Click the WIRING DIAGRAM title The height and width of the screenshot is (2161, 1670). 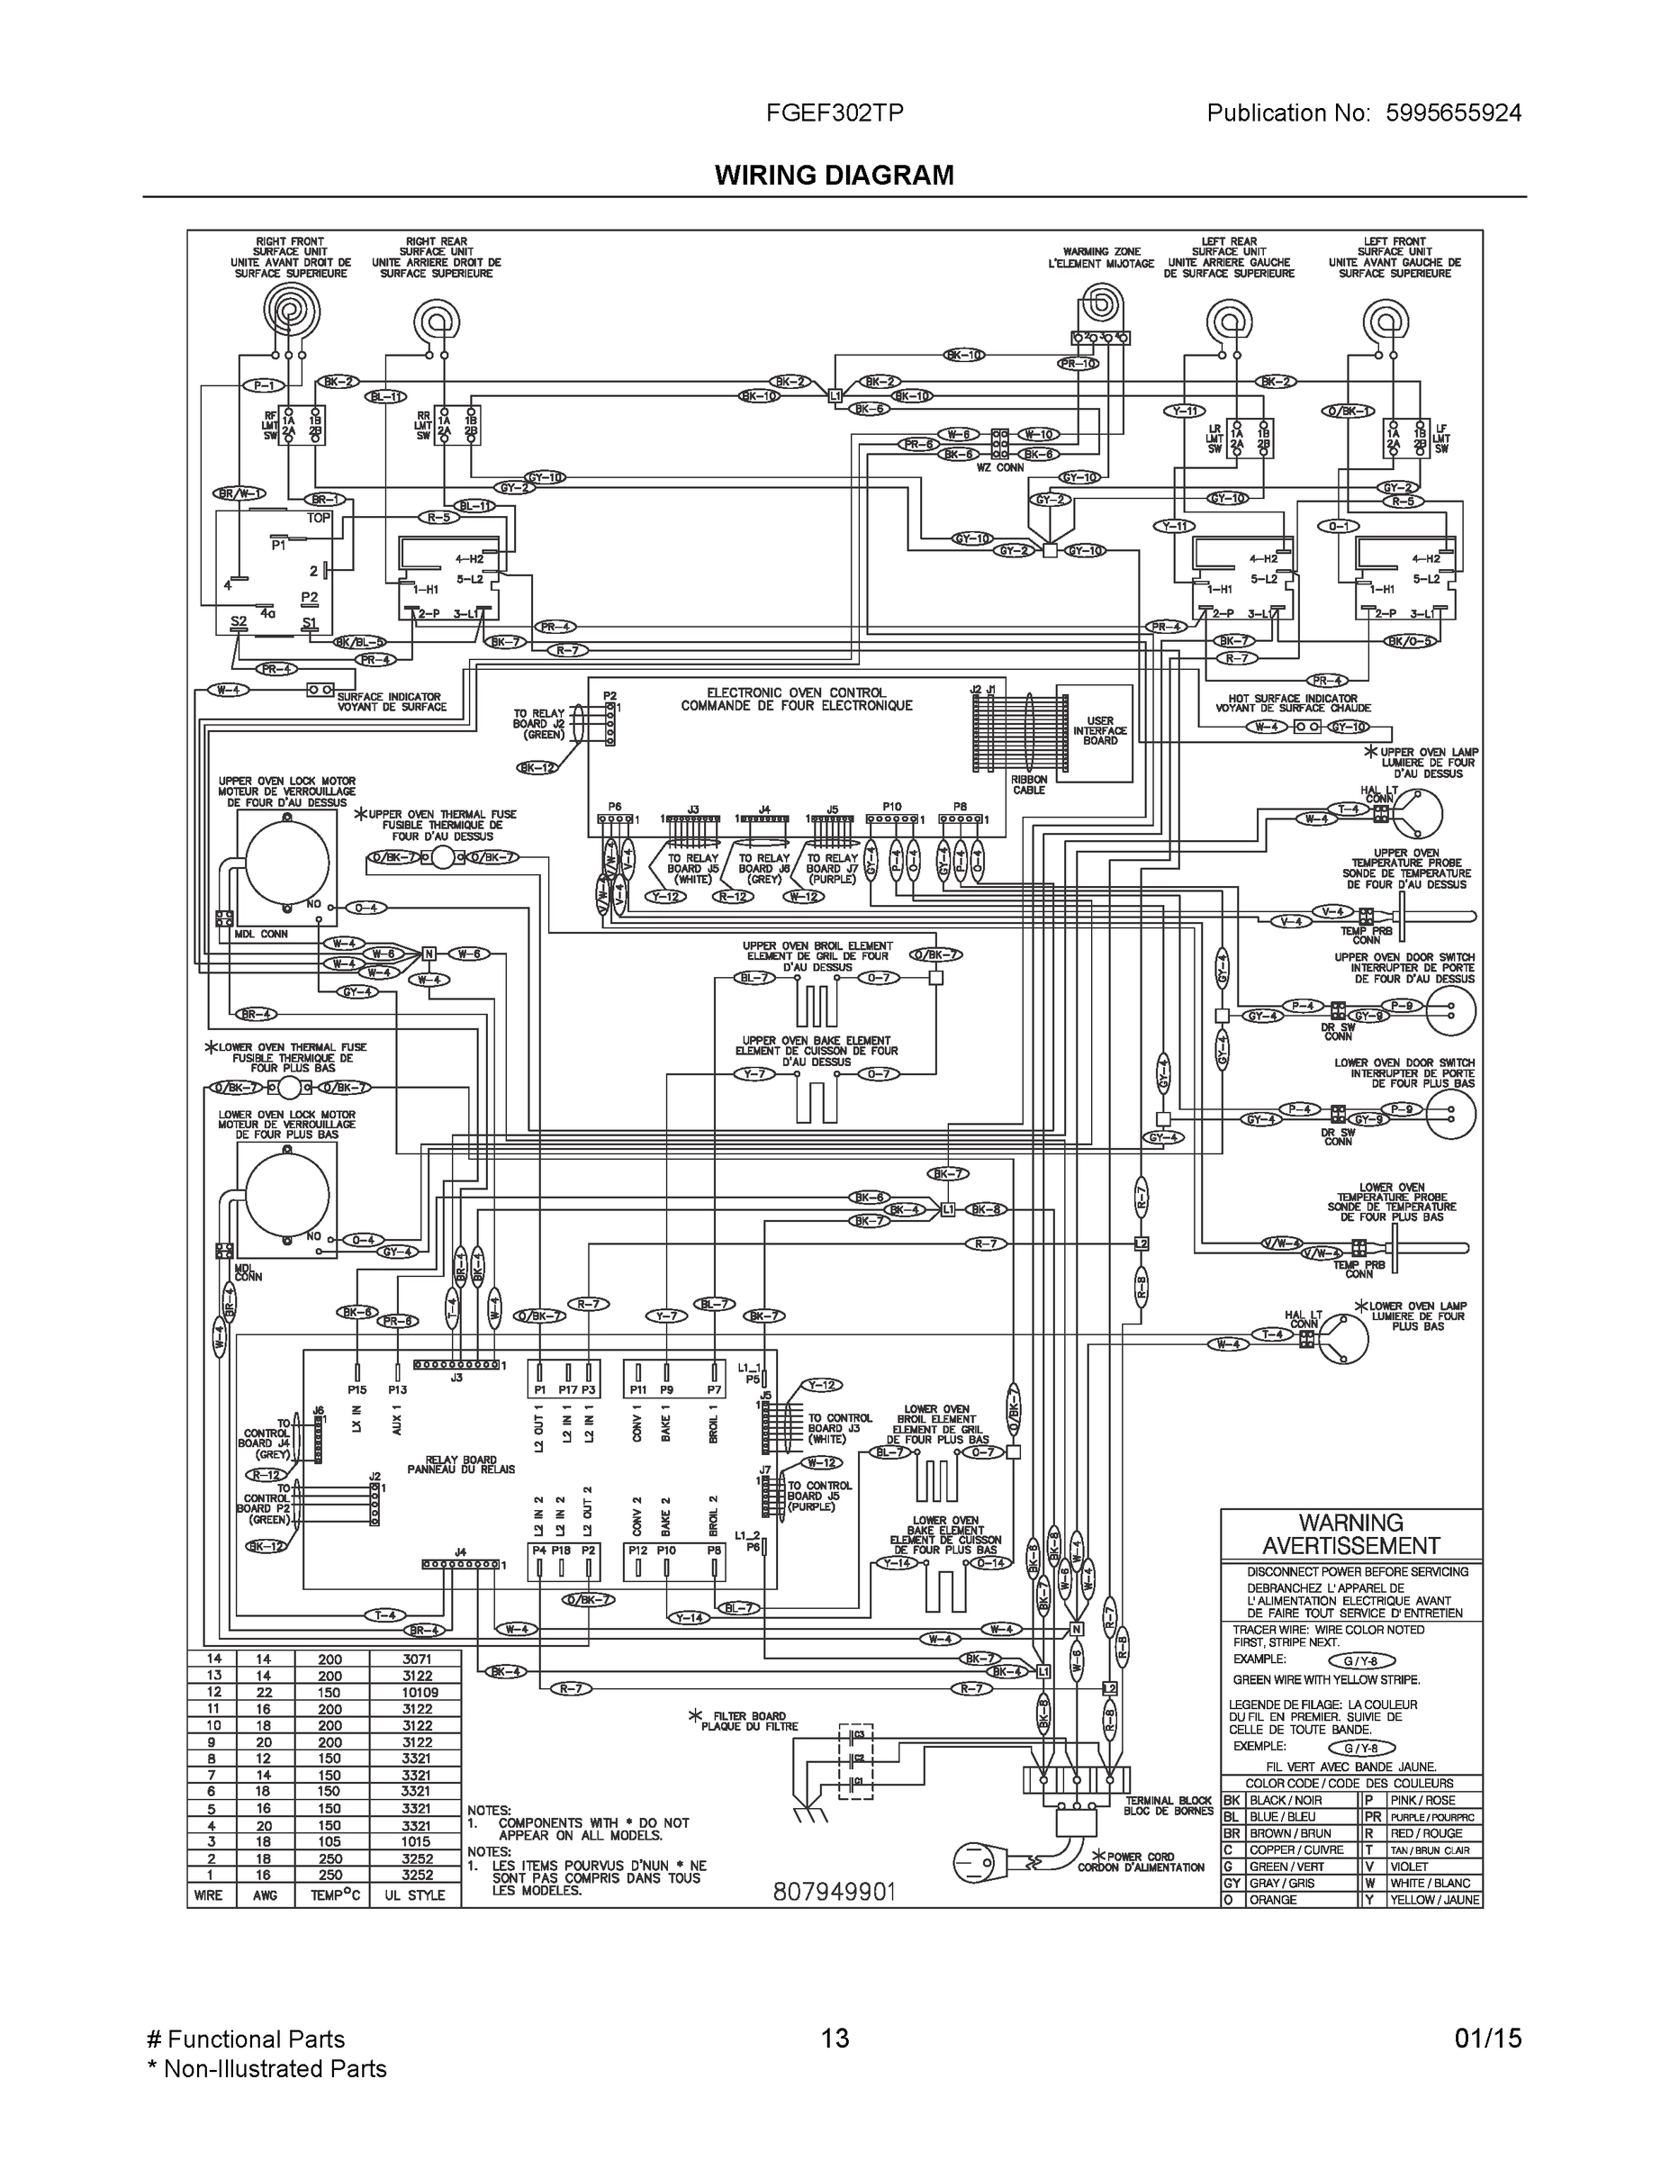[834, 176]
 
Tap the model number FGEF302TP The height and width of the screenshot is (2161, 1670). [834, 113]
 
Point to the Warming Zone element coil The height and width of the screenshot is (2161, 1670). [1099, 303]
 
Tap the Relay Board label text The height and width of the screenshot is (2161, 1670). [461, 1464]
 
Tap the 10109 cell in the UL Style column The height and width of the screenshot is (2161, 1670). [416, 1692]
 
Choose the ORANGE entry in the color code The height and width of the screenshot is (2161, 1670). [1271, 1900]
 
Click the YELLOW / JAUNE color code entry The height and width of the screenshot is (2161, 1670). [1433, 1900]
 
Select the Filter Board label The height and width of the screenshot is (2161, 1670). [749, 1721]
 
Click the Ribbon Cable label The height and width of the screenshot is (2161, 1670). [1028, 784]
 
